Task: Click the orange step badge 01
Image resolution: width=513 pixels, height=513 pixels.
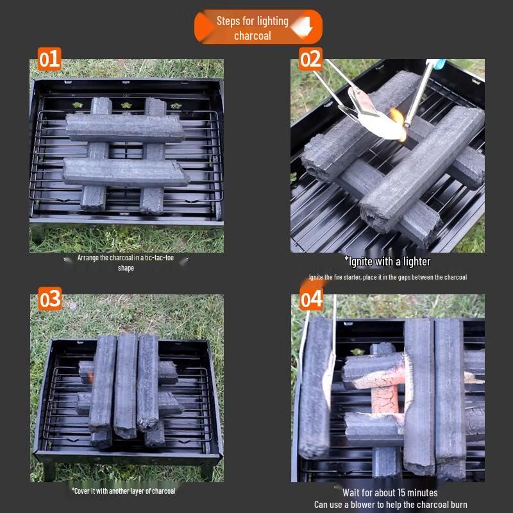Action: coord(49,58)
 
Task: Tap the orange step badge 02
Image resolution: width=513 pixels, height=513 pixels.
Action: coord(310,59)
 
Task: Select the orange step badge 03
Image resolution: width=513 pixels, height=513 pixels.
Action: coord(49,299)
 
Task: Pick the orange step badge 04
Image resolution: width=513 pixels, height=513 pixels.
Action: coord(311,299)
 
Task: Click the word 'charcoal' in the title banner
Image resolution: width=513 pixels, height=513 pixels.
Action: coord(252,36)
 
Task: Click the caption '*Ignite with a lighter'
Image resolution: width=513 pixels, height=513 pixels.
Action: coord(387,262)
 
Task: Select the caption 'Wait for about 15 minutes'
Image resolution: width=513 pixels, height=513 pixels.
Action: coord(390,492)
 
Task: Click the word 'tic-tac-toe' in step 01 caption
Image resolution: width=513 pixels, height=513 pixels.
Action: coord(156,257)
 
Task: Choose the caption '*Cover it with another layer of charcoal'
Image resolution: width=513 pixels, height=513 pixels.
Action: coord(123,491)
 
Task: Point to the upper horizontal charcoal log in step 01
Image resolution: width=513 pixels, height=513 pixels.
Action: coord(125,128)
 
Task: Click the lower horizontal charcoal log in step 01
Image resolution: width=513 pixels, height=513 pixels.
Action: coord(125,172)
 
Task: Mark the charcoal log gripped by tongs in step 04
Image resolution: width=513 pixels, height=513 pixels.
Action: coord(314,391)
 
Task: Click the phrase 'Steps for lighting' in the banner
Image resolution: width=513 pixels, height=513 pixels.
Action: coord(252,21)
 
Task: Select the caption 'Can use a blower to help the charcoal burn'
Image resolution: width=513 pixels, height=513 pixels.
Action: coord(390,505)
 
